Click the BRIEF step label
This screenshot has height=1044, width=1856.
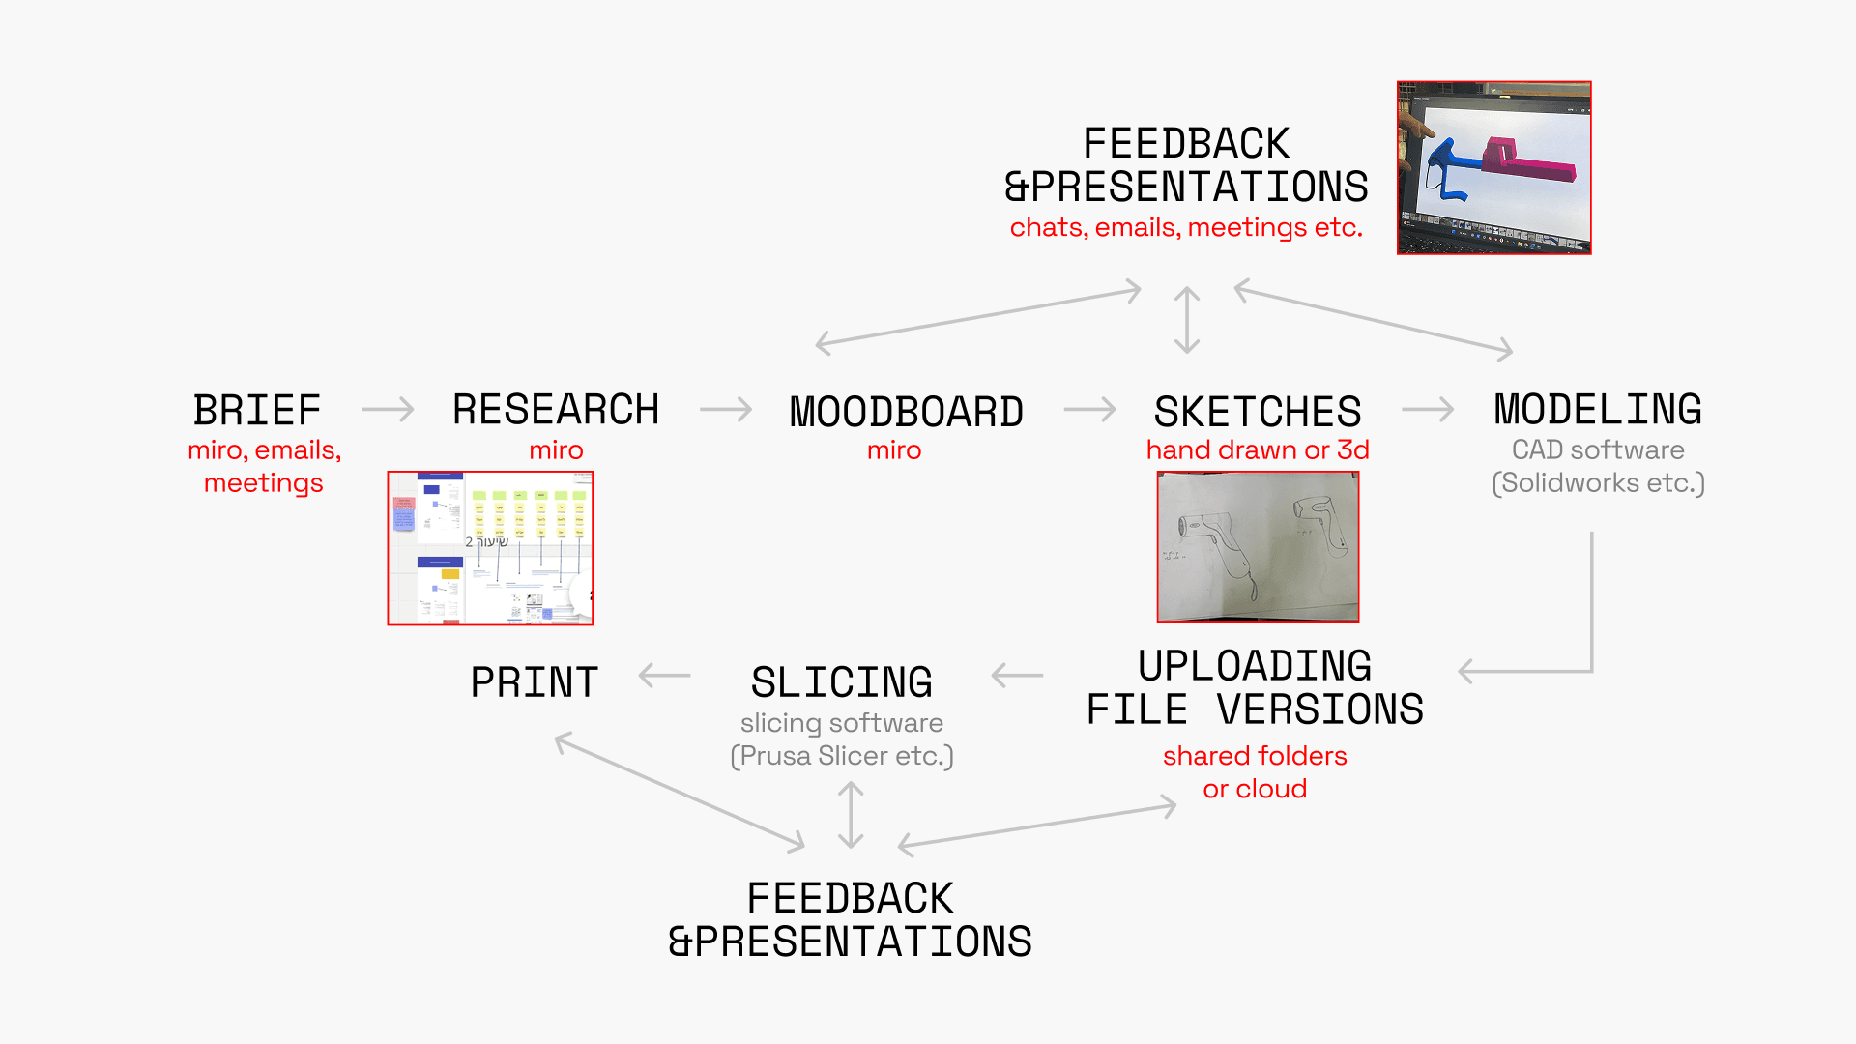tap(257, 411)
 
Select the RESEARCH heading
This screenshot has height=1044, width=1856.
tap(556, 410)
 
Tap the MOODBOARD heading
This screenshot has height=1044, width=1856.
tap(906, 412)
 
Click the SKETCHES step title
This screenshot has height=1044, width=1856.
tap(1258, 412)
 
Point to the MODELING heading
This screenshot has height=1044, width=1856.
tap(1598, 410)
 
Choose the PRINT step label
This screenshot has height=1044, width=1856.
tap(535, 682)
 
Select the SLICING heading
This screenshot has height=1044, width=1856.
tap(842, 682)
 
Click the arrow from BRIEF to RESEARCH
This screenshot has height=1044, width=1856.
tap(388, 410)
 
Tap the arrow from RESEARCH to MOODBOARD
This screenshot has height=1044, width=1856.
tap(726, 410)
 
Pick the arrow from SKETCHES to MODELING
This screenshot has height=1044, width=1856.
tap(1428, 410)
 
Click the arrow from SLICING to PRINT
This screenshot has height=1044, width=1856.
tap(665, 676)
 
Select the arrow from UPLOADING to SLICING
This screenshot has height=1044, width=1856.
tap(1018, 676)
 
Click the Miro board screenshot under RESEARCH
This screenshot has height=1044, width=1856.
tap(490, 548)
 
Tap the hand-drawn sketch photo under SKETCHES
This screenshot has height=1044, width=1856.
tap(1258, 546)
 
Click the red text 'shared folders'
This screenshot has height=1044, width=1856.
tap(1255, 756)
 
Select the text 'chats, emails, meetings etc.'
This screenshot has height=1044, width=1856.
tap(1186, 227)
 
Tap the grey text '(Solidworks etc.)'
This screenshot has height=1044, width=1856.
tap(1598, 482)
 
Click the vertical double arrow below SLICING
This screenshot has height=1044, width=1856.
tap(851, 815)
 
